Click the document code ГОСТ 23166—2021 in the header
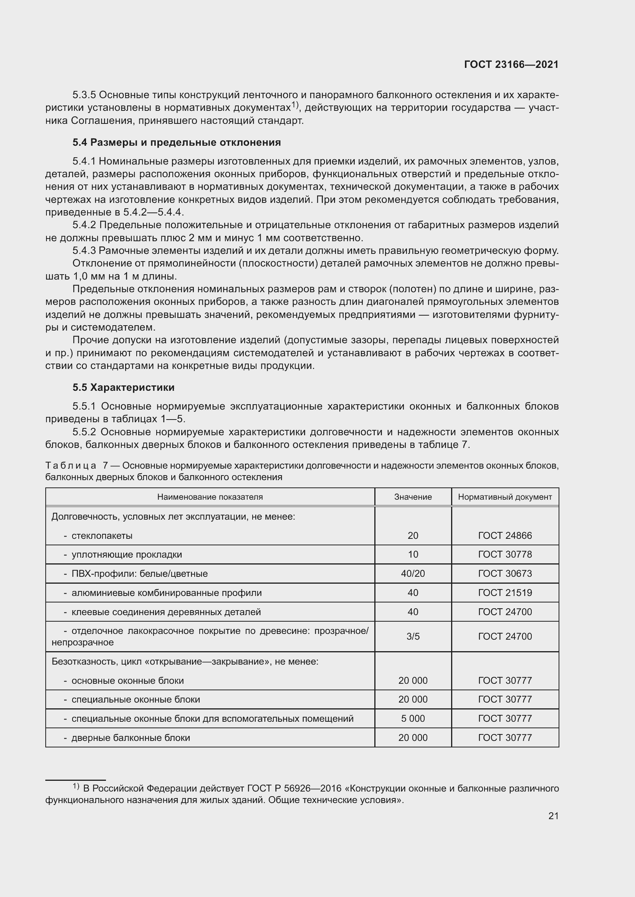[511, 64]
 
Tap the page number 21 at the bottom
[553, 816]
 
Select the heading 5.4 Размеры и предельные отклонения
[176, 142]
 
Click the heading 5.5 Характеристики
[123, 387]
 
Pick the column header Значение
[413, 497]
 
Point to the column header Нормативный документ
[505, 497]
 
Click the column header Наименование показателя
[210, 497]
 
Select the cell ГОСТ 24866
[505, 536]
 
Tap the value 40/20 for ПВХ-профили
[413, 573]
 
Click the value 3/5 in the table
[413, 637]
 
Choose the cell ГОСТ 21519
[505, 593]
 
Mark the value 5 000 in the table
[413, 718]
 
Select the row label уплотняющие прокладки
[127, 555]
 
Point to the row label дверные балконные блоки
[131, 737]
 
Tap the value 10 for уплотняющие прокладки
[413, 555]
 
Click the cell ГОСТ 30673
[505, 573]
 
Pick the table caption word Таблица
[71, 466]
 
